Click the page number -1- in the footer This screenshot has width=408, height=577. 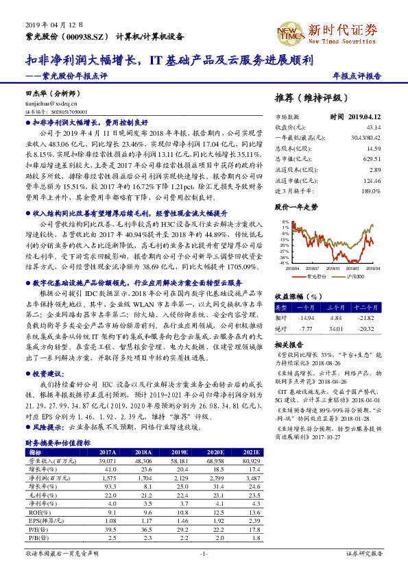204,552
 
